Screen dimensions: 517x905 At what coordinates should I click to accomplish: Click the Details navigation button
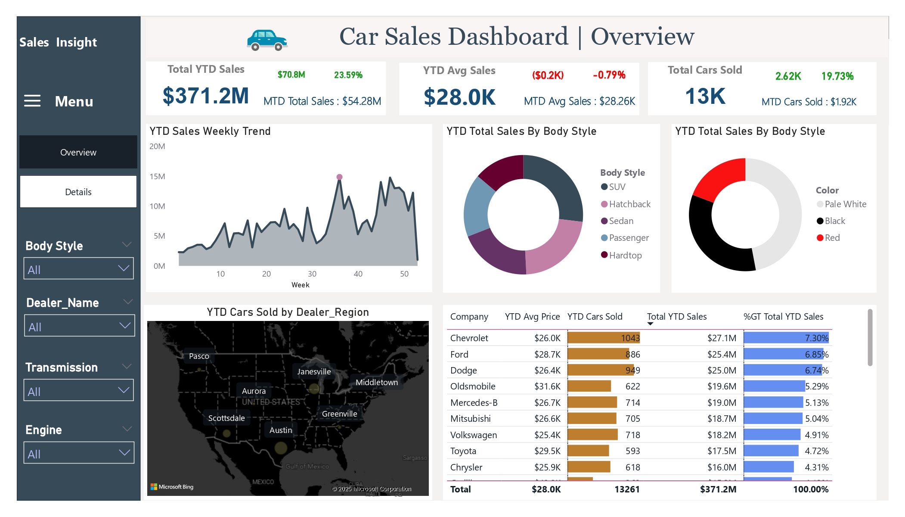pyautogui.click(x=78, y=192)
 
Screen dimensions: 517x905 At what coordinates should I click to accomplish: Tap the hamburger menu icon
pyautogui.click(x=32, y=101)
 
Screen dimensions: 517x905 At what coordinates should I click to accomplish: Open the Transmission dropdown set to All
pyautogui.click(x=78, y=390)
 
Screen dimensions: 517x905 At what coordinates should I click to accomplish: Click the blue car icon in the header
pyautogui.click(x=267, y=40)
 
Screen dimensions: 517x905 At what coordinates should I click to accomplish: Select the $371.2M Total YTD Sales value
pyautogui.click(x=205, y=96)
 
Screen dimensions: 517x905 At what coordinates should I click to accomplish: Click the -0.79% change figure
pyautogui.click(x=609, y=75)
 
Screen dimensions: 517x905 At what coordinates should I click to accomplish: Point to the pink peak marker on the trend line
pyautogui.click(x=339, y=177)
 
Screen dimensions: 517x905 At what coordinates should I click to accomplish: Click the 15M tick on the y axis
pyautogui.click(x=157, y=176)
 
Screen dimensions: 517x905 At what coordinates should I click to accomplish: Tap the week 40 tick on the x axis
pyautogui.click(x=358, y=274)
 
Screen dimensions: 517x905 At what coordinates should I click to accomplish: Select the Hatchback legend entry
pyautogui.click(x=629, y=204)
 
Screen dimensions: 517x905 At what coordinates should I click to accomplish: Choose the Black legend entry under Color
pyautogui.click(x=834, y=221)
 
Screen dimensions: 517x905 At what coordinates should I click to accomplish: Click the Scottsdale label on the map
pyautogui.click(x=226, y=418)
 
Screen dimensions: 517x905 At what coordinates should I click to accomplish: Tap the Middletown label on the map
pyautogui.click(x=377, y=382)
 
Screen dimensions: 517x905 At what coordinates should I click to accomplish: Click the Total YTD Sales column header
pyautogui.click(x=676, y=317)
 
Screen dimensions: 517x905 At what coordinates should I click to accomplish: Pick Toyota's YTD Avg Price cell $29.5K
pyautogui.click(x=547, y=451)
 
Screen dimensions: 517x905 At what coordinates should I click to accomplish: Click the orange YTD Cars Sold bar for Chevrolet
pyautogui.click(x=603, y=338)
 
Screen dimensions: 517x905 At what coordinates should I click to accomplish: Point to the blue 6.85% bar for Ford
pyautogui.click(x=783, y=354)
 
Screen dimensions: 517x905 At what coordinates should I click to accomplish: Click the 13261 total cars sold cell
pyautogui.click(x=626, y=489)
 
